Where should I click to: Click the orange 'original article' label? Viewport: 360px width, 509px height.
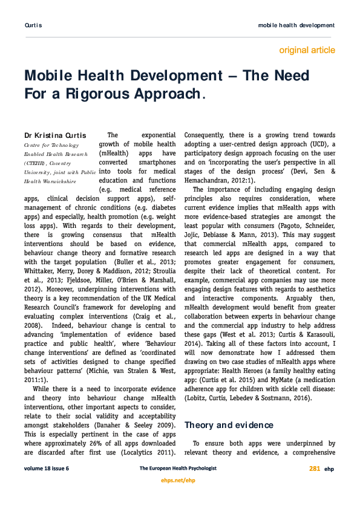[x=307, y=50]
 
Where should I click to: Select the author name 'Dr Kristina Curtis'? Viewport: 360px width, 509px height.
[x=54, y=135]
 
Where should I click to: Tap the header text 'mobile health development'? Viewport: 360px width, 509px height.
[x=296, y=25]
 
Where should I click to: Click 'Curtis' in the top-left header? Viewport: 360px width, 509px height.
[x=33, y=25]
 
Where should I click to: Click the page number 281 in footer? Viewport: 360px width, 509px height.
[x=315, y=468]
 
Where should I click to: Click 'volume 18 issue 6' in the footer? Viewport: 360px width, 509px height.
[x=47, y=468]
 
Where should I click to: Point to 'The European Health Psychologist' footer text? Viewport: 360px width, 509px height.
[x=178, y=468]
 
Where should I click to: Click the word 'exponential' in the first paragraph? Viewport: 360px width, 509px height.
[x=157, y=135]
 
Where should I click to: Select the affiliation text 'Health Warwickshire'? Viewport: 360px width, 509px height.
[x=50, y=181]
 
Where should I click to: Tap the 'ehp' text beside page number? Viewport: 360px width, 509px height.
[x=329, y=468]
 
